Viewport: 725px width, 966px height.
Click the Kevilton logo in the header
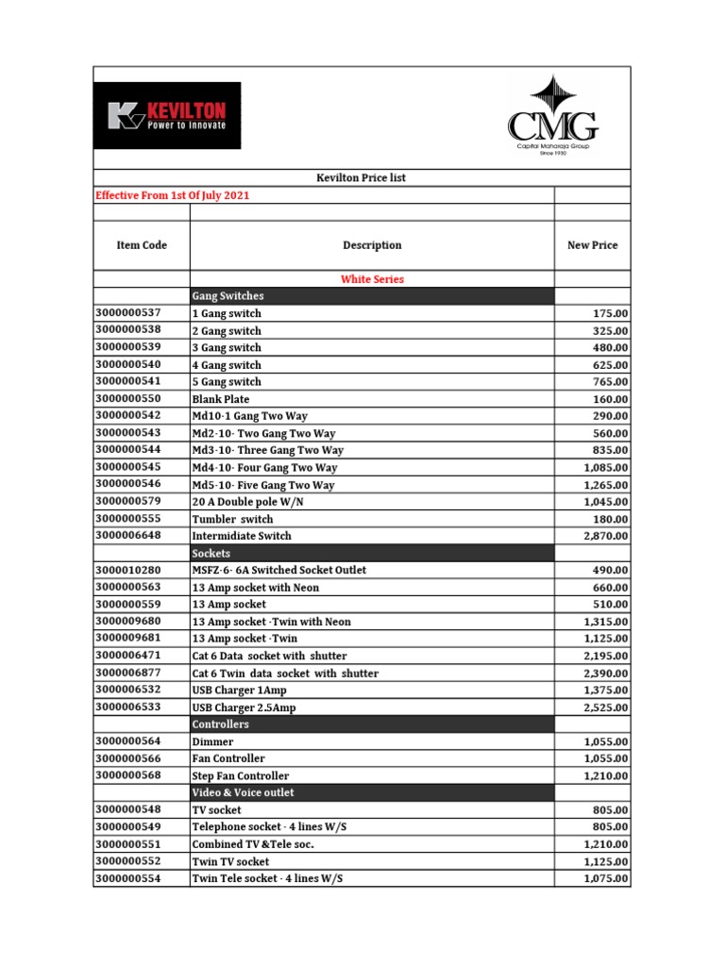[x=167, y=115]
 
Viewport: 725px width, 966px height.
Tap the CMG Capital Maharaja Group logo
[x=552, y=117]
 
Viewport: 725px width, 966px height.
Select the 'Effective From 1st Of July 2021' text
[x=173, y=195]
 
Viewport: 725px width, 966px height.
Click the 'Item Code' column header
[x=142, y=245]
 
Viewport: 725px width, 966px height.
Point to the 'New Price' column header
[x=592, y=245]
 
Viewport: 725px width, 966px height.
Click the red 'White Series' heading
[x=371, y=279]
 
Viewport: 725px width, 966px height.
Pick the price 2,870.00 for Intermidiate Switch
[x=605, y=536]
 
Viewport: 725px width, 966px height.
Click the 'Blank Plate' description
[x=220, y=399]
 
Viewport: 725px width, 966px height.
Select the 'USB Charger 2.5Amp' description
[x=243, y=708]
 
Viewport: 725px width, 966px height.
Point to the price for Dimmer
[x=605, y=741]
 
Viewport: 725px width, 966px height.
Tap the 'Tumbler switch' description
[x=232, y=519]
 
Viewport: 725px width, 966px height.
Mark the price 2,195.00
[x=605, y=656]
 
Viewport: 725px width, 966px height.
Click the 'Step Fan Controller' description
[x=241, y=775]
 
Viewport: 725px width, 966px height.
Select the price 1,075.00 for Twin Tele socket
[x=605, y=878]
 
